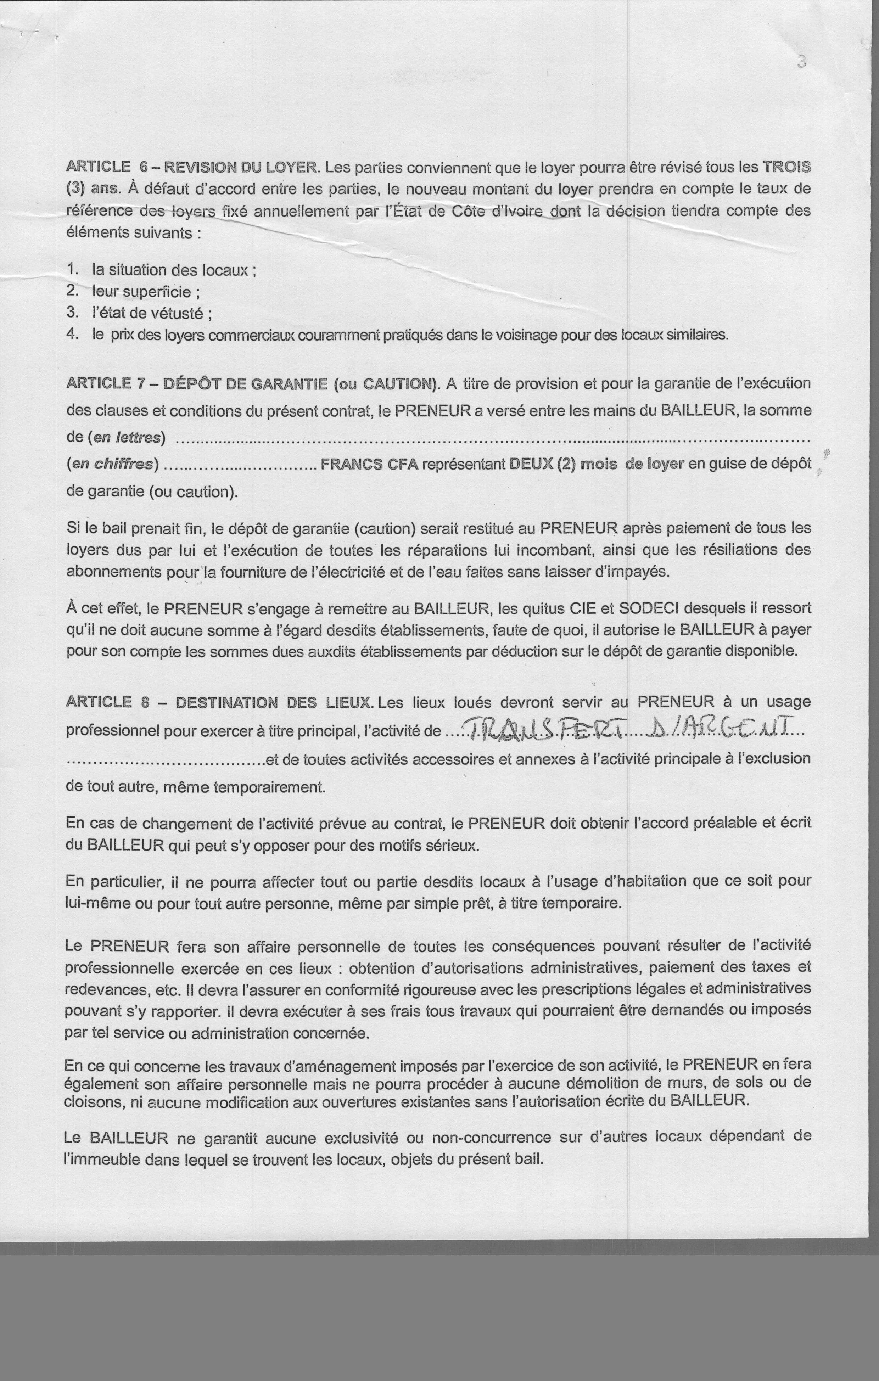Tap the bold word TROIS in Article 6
[x=786, y=167]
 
